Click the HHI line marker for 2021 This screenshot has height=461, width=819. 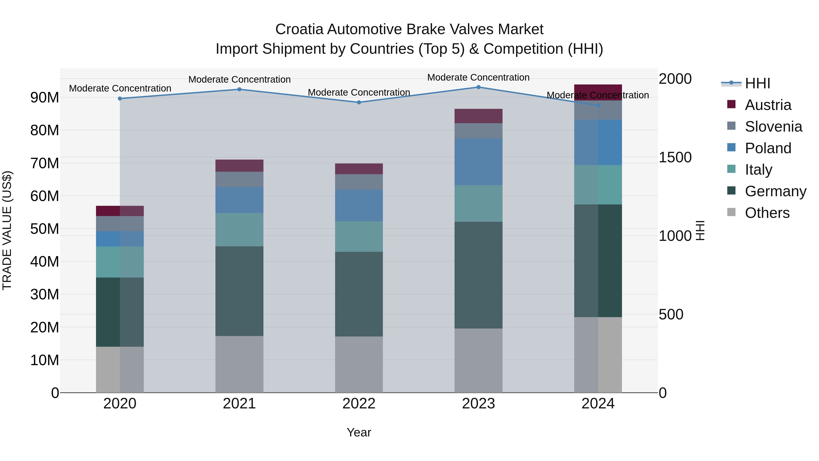(x=239, y=89)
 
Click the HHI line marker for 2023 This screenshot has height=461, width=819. (x=478, y=87)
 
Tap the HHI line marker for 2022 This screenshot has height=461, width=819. (x=359, y=102)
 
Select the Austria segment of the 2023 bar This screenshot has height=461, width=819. (x=478, y=116)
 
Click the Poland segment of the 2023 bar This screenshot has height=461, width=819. (x=478, y=162)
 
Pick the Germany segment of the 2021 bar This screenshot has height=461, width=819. (x=239, y=291)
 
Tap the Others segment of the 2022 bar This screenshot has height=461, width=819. (x=359, y=364)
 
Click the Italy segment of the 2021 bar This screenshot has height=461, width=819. (x=239, y=229)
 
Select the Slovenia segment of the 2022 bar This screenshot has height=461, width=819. (x=359, y=182)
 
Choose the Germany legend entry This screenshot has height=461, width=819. (x=775, y=191)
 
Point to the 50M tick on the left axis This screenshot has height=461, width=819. (x=45, y=229)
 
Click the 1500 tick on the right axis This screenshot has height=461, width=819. (x=675, y=157)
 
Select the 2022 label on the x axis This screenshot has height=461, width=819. (x=359, y=404)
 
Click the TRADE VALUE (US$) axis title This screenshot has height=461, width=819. (x=7, y=230)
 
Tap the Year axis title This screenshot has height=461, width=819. (x=359, y=432)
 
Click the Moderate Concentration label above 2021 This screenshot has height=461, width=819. (x=239, y=79)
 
